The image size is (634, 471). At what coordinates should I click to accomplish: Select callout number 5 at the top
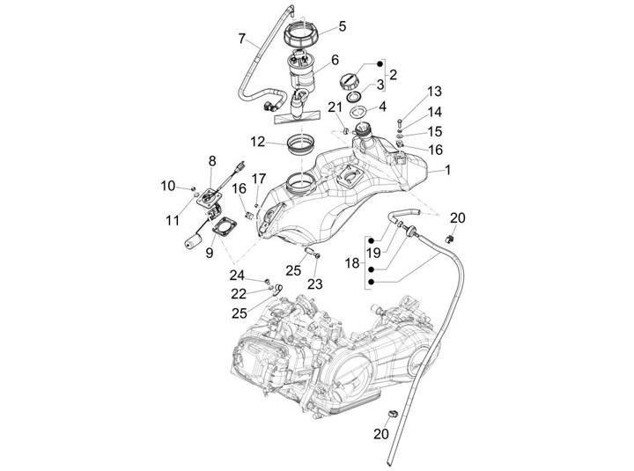click(343, 26)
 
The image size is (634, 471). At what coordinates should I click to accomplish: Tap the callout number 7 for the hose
click(241, 38)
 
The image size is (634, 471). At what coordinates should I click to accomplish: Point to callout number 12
click(256, 141)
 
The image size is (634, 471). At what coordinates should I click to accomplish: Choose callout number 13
click(434, 92)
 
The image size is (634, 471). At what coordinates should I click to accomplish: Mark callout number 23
click(314, 283)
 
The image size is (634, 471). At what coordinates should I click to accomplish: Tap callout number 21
click(334, 107)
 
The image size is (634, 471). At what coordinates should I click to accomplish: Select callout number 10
click(167, 185)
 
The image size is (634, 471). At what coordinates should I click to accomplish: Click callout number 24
click(239, 275)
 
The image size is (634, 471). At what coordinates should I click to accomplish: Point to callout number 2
click(394, 75)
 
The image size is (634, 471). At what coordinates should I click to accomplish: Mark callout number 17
click(259, 179)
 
